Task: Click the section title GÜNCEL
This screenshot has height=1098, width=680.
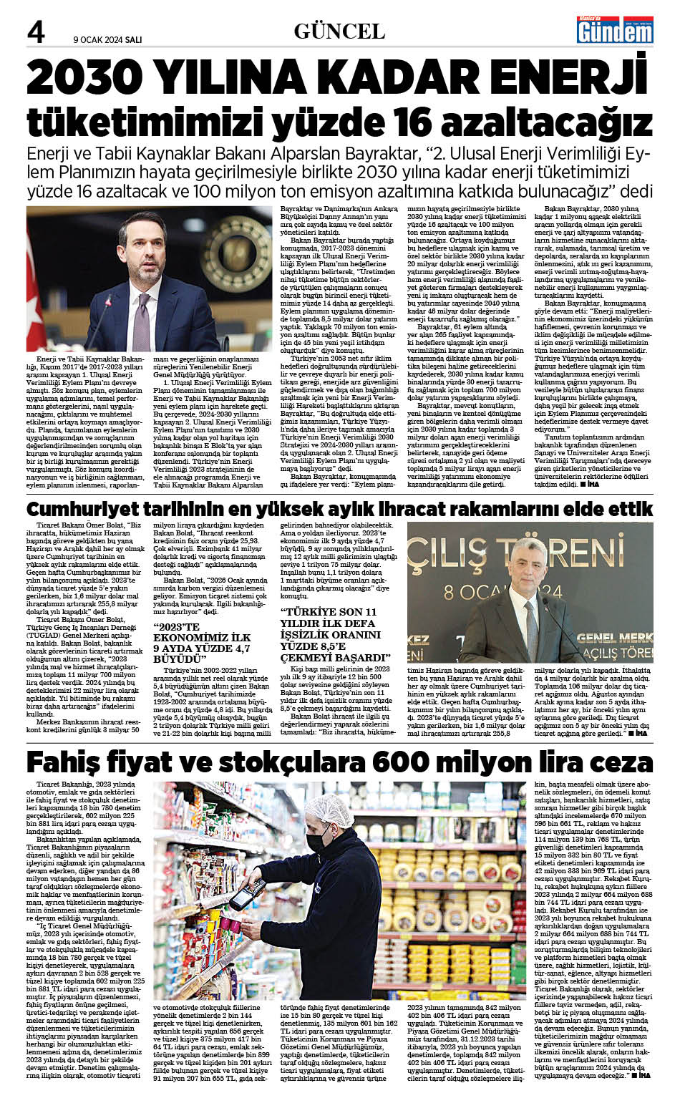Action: (339, 31)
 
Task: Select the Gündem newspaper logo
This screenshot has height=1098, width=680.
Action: (615, 31)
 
